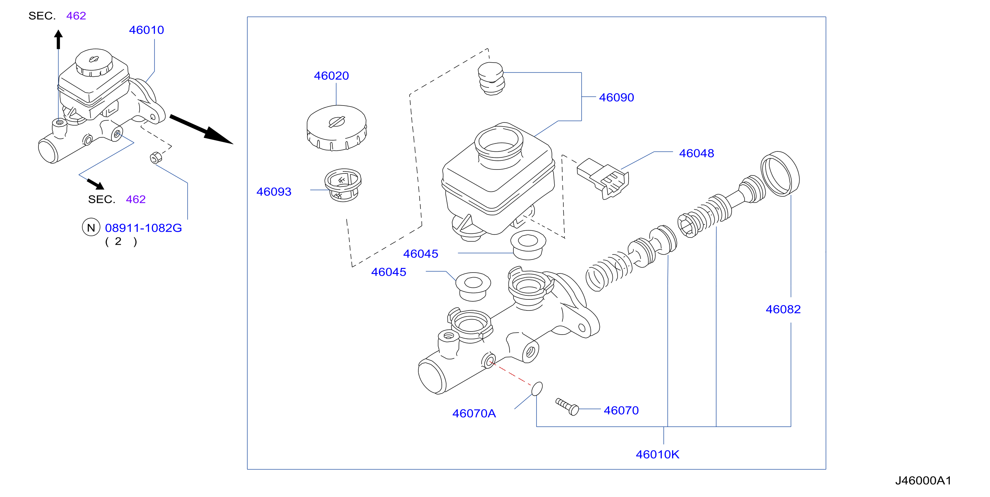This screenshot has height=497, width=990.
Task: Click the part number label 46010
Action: (x=146, y=30)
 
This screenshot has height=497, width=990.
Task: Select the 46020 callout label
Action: (x=331, y=76)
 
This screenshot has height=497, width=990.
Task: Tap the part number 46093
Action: (x=274, y=192)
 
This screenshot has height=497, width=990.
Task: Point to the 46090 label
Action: (x=616, y=97)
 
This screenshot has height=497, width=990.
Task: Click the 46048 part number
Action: (x=696, y=153)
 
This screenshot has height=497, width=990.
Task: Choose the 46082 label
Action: (x=783, y=309)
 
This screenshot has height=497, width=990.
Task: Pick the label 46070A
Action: (x=474, y=414)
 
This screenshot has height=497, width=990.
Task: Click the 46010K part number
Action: (x=657, y=455)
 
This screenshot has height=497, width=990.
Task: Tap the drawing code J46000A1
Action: (x=923, y=481)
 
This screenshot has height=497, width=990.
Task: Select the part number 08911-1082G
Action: (x=143, y=228)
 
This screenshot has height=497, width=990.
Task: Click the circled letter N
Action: (x=91, y=228)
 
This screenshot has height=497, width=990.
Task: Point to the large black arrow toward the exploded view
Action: (x=201, y=129)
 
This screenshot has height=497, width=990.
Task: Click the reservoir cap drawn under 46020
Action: (x=337, y=128)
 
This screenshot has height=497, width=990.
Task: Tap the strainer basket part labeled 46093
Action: (x=343, y=185)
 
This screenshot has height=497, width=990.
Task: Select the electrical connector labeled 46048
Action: (x=603, y=179)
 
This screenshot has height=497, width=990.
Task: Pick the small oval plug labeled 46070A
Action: (x=537, y=388)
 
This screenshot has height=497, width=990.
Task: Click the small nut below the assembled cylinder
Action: (x=156, y=157)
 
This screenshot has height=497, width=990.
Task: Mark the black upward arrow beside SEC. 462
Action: (x=59, y=40)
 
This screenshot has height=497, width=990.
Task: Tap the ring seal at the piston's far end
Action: (x=780, y=174)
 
